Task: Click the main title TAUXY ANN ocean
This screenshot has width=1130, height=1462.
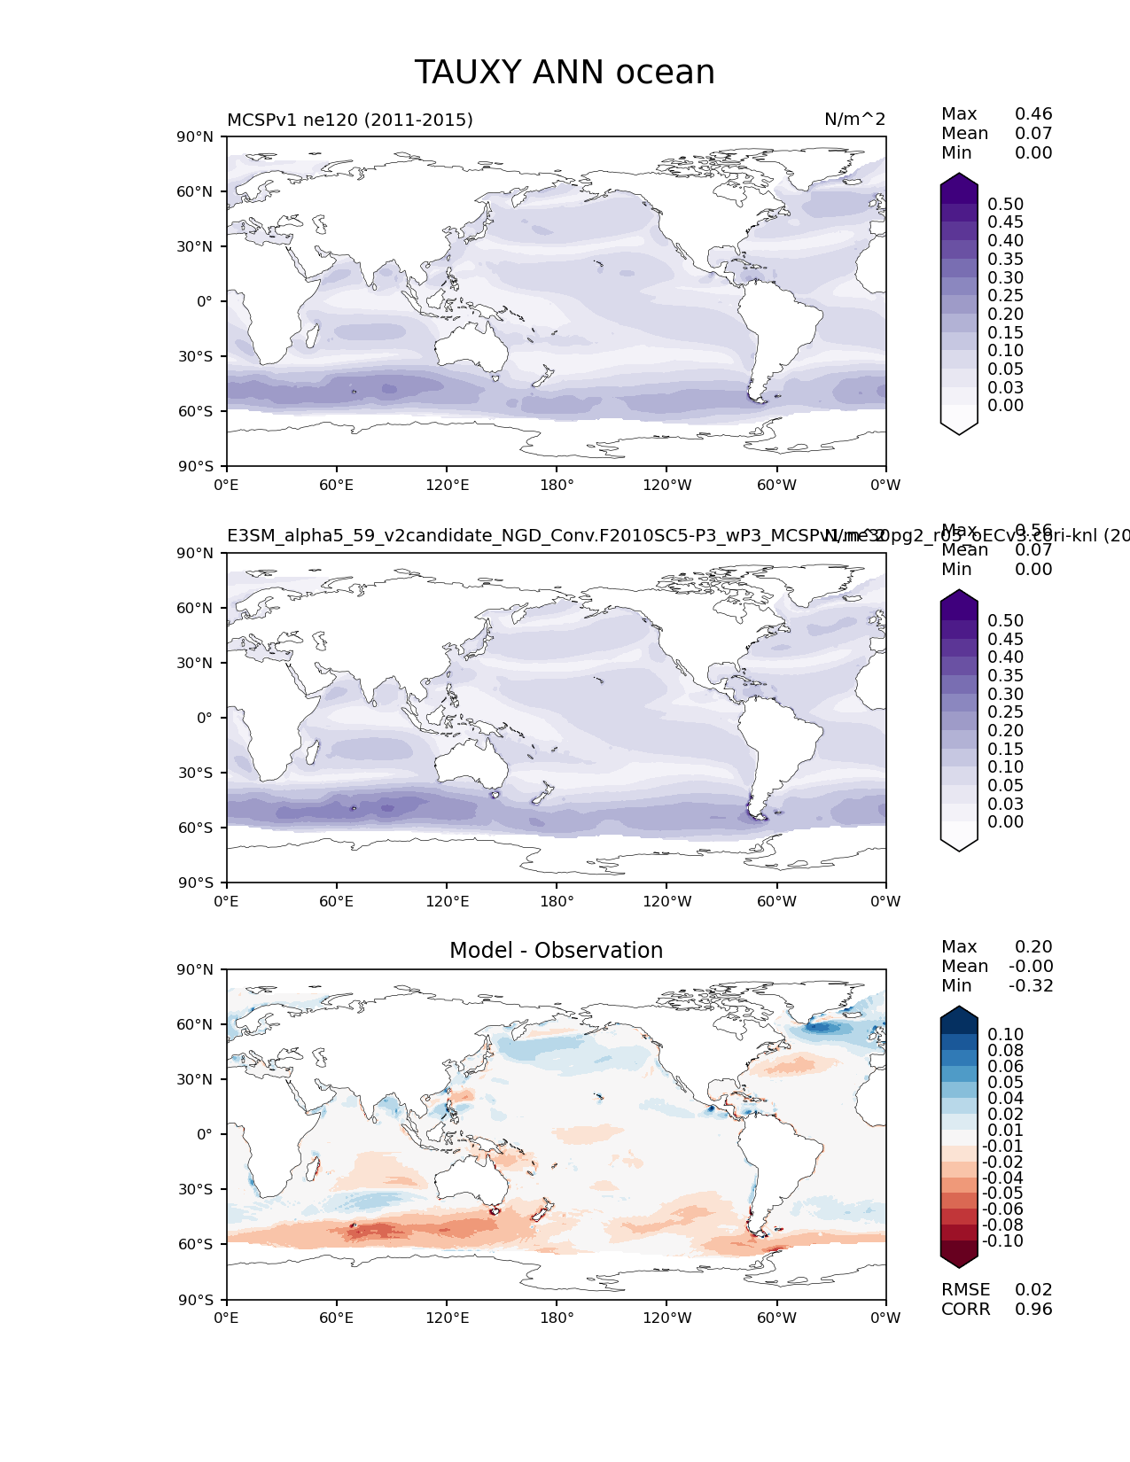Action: pyautogui.click(x=565, y=73)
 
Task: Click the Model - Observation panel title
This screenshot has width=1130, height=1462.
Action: pyautogui.click(x=556, y=951)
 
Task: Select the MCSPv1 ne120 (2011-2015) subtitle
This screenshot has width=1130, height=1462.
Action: pyautogui.click(x=350, y=121)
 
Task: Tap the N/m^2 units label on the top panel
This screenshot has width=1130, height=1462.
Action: pyautogui.click(x=854, y=121)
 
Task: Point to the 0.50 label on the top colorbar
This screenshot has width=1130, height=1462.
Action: pyautogui.click(x=1005, y=205)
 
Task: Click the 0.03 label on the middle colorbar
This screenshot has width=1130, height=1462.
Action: pyautogui.click(x=1005, y=804)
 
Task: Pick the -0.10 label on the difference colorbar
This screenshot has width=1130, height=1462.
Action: pyautogui.click(x=1002, y=1241)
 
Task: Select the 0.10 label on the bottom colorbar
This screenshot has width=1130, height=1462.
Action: pyautogui.click(x=1005, y=1035)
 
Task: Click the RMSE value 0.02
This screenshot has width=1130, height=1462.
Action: pyautogui.click(x=1033, y=1290)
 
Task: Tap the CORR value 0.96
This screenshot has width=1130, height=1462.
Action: pyautogui.click(x=1033, y=1310)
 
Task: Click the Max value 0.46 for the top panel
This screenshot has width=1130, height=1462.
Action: pyautogui.click(x=1033, y=114)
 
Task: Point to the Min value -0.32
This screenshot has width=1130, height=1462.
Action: pyautogui.click(x=1031, y=986)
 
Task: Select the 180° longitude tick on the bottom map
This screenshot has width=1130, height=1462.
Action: pyautogui.click(x=557, y=1318)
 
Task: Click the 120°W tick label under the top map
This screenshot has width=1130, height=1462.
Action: pyautogui.click(x=667, y=486)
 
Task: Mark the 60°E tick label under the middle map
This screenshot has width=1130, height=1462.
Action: pyautogui.click(x=337, y=902)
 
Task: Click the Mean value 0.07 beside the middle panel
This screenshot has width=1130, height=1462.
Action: pyautogui.click(x=1033, y=550)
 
